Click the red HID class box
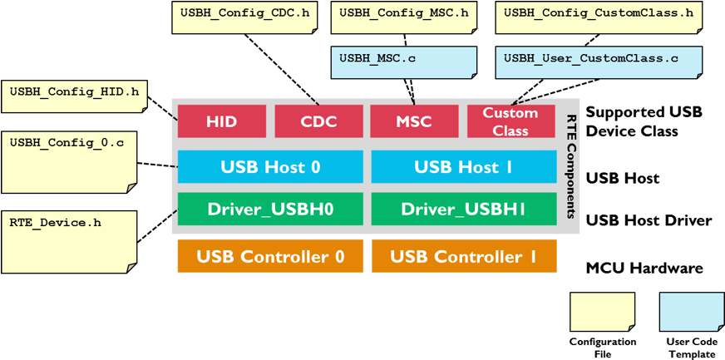click(x=221, y=121)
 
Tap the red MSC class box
click(x=413, y=121)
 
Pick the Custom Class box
click(x=510, y=121)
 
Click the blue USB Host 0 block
click(x=270, y=167)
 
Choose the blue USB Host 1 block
click(x=463, y=167)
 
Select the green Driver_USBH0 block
click(x=270, y=209)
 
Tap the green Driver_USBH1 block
click(x=463, y=209)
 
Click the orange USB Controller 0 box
click(x=270, y=256)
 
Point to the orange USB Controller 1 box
click(x=463, y=256)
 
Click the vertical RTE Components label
click(x=570, y=166)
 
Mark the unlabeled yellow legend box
click(x=602, y=312)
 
